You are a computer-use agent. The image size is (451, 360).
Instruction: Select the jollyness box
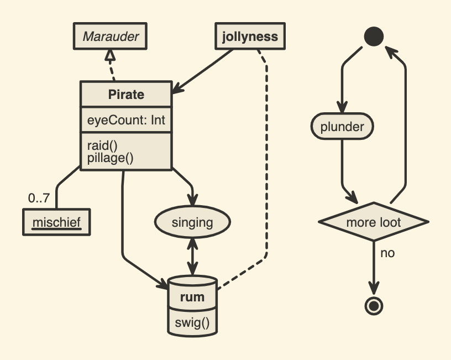(250, 37)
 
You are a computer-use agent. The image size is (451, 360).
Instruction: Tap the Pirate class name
(126, 95)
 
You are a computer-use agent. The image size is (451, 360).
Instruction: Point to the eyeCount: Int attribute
(126, 120)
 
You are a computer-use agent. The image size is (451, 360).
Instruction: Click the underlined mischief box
(56, 222)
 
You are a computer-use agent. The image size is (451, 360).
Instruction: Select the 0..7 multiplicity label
(38, 197)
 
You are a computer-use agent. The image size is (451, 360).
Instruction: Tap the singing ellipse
(192, 223)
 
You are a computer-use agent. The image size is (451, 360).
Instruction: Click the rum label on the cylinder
(192, 298)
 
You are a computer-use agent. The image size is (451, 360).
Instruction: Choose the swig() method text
(192, 321)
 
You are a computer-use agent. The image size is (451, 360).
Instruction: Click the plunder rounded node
(342, 127)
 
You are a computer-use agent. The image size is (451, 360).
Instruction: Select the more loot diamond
(374, 223)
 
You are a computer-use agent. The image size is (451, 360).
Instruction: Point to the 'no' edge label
(387, 253)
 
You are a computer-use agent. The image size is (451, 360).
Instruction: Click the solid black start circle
(374, 37)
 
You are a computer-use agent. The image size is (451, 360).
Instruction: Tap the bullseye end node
(374, 305)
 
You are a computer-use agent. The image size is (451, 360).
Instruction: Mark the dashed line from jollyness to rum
(267, 166)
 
